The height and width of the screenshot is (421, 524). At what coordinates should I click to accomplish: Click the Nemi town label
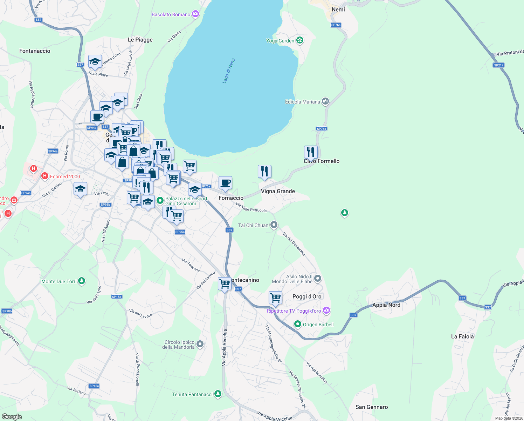[338, 9]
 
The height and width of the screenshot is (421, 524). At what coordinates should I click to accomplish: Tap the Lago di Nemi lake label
[229, 71]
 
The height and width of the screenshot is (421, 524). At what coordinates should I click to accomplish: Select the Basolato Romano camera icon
[195, 14]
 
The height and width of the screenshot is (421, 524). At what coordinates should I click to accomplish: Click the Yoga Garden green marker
[299, 40]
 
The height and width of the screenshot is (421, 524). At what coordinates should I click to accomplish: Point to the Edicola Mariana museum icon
[325, 102]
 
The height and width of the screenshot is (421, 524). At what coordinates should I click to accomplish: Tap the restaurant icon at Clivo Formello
[311, 152]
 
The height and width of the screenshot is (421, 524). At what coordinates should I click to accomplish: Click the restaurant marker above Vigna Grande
[264, 172]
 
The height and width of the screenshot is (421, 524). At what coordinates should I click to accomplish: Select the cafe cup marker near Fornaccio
[226, 183]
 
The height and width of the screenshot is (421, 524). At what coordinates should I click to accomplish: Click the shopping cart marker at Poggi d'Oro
[275, 298]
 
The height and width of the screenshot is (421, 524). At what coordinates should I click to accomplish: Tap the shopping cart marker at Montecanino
[225, 283]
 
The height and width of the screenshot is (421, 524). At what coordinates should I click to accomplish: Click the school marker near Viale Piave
[95, 62]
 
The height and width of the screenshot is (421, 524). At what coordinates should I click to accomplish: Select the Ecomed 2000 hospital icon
[45, 176]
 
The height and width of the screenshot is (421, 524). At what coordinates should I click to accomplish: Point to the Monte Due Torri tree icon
[81, 281]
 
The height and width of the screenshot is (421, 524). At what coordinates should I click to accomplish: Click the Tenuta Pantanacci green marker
[218, 394]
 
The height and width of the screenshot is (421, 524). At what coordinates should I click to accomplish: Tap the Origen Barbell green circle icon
[297, 324]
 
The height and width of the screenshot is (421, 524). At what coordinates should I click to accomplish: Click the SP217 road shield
[498, 65]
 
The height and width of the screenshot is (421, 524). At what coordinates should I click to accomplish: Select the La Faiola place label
[462, 336]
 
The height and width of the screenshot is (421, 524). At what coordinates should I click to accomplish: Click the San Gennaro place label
[371, 407]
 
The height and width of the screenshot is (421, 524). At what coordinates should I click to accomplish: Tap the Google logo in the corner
[12, 416]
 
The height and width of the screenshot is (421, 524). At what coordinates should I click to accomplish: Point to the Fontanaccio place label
[35, 51]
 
